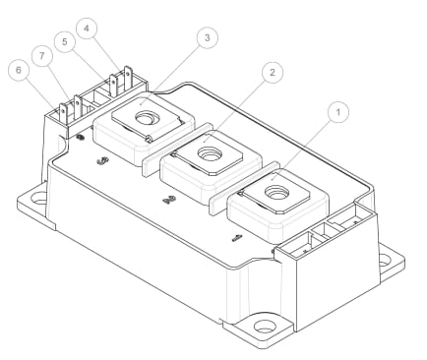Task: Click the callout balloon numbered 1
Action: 337,113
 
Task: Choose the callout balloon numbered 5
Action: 64,43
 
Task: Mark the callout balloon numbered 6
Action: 17,70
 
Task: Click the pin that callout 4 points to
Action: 127,78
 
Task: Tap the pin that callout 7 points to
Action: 75,102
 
